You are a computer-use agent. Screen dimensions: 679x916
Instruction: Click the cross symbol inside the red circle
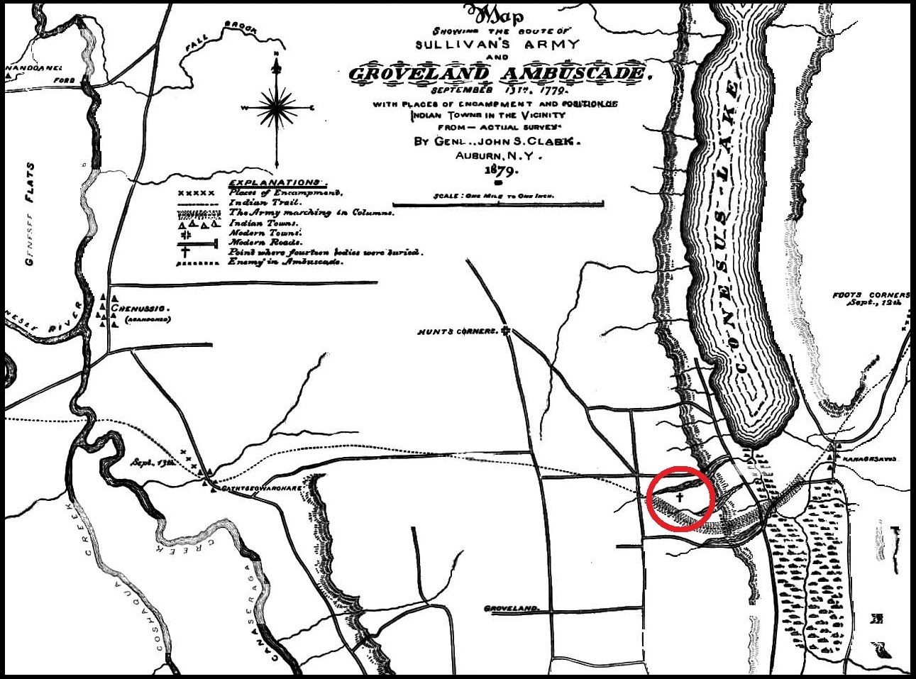click(679, 497)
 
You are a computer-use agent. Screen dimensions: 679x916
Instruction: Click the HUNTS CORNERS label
click(458, 331)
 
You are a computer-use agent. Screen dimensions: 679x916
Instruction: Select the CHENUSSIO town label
click(146, 309)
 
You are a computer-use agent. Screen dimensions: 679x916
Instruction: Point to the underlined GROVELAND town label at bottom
click(511, 609)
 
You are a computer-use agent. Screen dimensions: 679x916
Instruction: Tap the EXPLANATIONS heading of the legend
click(274, 182)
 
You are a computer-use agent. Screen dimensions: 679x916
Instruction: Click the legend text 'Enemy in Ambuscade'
click(285, 262)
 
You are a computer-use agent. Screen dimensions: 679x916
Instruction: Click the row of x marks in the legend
click(195, 193)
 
